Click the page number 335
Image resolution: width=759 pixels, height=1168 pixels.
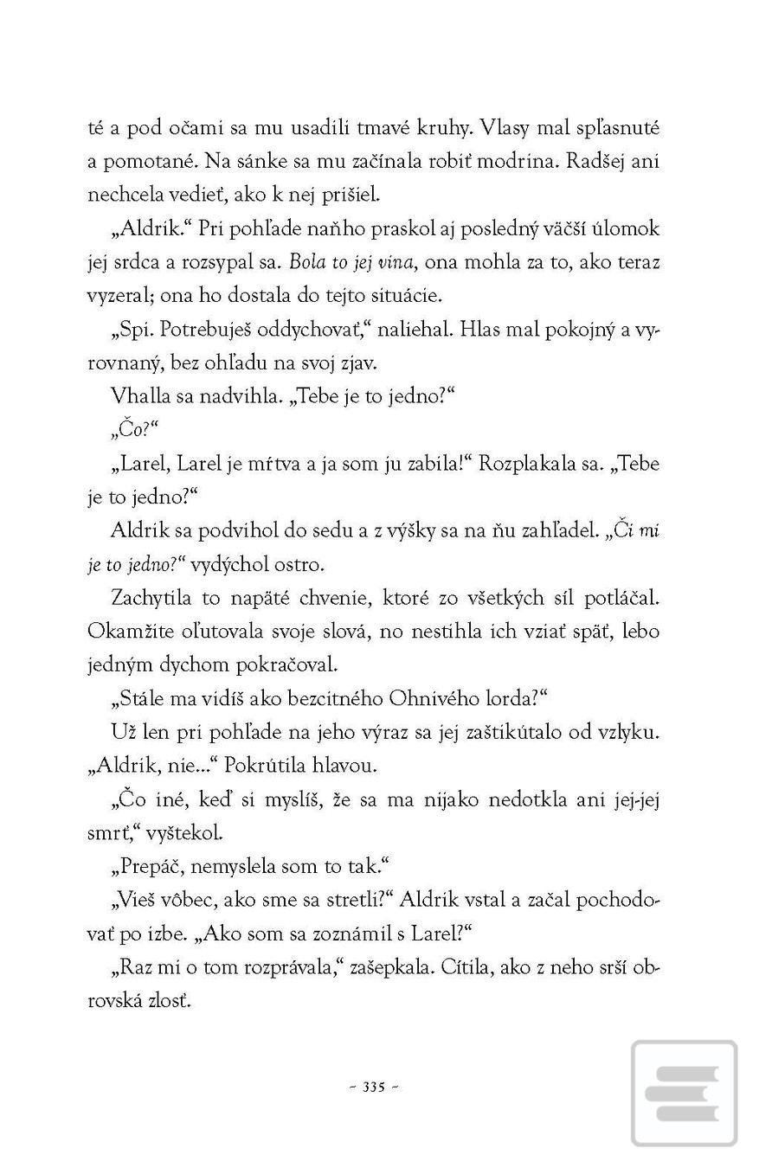374,1088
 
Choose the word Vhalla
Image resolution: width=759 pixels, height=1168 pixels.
139,396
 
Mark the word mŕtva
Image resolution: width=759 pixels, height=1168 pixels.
271,464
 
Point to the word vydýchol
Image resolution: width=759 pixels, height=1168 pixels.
227,565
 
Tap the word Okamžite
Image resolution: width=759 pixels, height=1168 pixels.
127,632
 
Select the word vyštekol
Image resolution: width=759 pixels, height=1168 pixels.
184,833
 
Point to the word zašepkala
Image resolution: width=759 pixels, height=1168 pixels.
389,967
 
